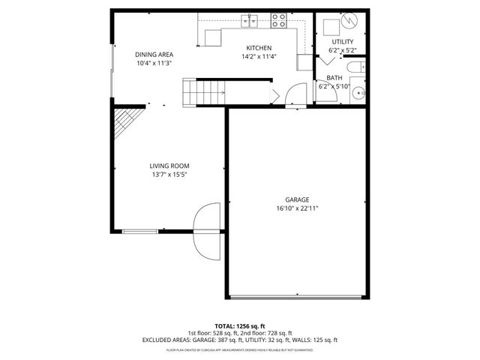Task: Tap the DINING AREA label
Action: [154, 54]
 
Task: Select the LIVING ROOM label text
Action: [169, 166]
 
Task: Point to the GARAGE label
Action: [297, 199]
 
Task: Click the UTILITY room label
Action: [343, 41]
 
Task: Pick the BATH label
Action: [334, 78]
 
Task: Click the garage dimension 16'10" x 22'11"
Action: [297, 208]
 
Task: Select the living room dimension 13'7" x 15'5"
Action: [169, 175]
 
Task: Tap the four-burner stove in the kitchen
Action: [279, 21]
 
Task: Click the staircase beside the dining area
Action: [205, 93]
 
